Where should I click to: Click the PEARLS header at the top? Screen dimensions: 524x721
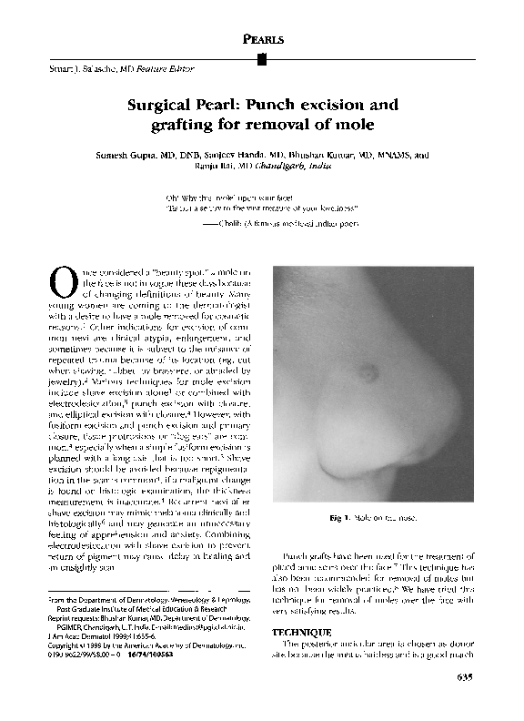262,41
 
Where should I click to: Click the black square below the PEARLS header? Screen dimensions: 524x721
262,59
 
